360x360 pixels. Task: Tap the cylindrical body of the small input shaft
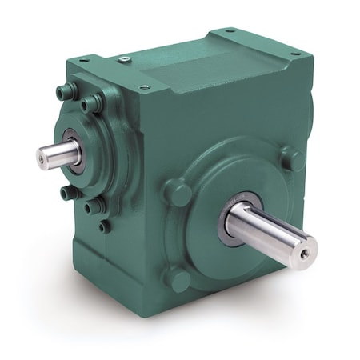(54, 150)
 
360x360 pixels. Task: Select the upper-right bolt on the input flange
(97, 102)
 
